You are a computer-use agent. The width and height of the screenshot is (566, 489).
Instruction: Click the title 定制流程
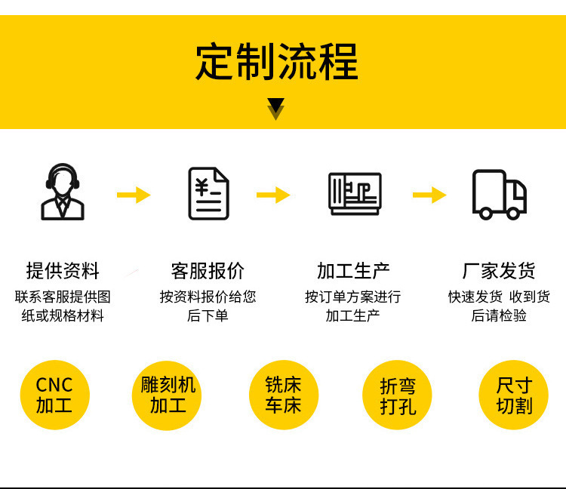[276, 61]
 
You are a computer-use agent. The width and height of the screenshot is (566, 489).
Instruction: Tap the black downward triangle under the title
[276, 106]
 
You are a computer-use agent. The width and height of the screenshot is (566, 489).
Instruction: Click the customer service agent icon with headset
[62, 192]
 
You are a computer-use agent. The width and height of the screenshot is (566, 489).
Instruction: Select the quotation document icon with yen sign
[208, 193]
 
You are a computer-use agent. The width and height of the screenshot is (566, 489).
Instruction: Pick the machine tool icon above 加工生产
[355, 193]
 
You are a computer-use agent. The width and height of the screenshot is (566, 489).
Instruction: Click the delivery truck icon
[499, 194]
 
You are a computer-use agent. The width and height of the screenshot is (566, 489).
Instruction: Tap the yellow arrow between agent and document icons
[134, 195]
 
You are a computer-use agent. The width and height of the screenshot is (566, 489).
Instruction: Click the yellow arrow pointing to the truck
[429, 195]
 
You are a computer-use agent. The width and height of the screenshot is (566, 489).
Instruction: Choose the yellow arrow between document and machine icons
[273, 195]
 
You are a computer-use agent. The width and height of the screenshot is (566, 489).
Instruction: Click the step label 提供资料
[63, 271]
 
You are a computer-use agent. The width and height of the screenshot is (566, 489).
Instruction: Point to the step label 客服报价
[208, 271]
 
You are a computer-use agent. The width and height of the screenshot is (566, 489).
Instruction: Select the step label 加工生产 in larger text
[353, 271]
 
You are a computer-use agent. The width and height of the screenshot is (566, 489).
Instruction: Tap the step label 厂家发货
[499, 271]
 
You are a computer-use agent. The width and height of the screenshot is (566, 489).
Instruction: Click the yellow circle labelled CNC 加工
[54, 395]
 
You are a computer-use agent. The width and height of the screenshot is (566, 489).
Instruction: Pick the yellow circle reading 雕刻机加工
[168, 395]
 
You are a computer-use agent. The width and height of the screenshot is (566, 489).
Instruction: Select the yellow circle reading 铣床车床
[283, 395]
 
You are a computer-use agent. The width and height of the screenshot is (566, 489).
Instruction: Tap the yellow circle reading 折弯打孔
[398, 395]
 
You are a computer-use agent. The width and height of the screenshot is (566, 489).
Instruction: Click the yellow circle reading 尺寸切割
[513, 395]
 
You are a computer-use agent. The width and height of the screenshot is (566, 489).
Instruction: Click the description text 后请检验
[499, 315]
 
